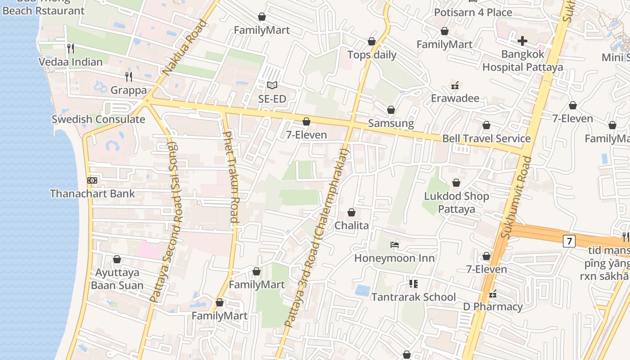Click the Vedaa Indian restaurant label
click(71, 62)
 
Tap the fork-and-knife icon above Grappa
click(129, 76)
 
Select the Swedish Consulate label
click(98, 119)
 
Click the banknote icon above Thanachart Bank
click(92, 180)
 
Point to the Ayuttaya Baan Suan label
click(117, 279)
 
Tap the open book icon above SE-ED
click(272, 85)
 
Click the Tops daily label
click(372, 55)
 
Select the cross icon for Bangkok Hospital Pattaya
click(522, 41)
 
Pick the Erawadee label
click(455, 98)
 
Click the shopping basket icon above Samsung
click(391, 110)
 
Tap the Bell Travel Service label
click(486, 139)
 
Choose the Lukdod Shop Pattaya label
click(456, 202)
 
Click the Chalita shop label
click(351, 225)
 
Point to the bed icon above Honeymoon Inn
click(395, 245)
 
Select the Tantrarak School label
click(413, 297)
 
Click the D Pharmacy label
click(493, 307)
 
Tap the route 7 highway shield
click(569, 241)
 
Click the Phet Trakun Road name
click(230, 177)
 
